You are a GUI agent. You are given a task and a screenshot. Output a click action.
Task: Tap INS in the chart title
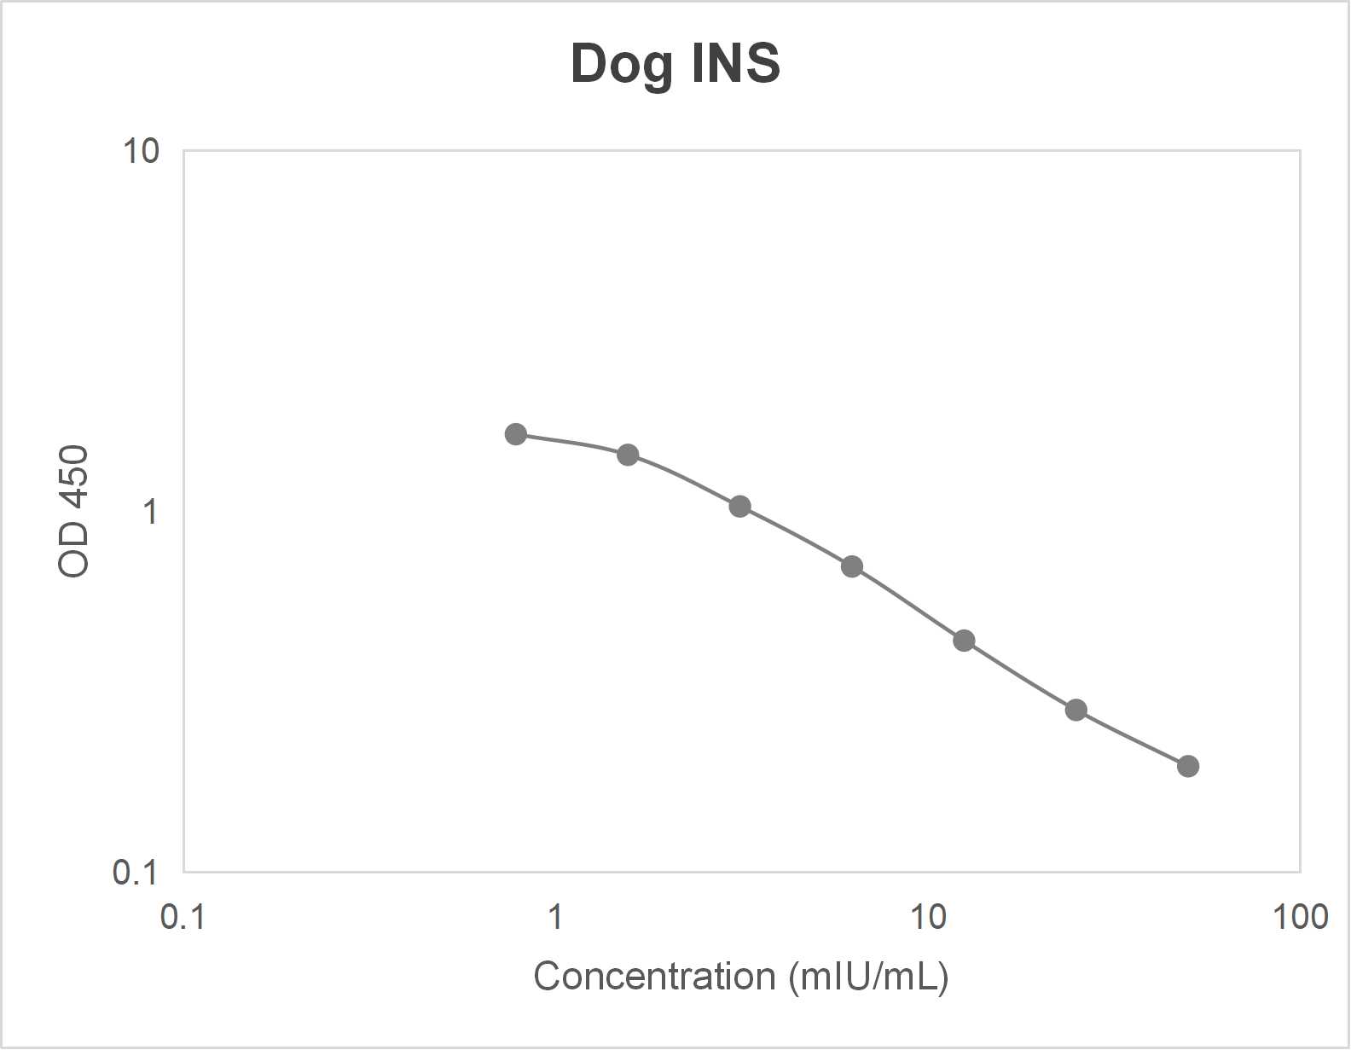(735, 65)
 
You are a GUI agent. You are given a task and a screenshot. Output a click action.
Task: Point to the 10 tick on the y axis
(142, 152)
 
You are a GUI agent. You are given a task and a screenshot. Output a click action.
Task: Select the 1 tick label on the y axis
(151, 512)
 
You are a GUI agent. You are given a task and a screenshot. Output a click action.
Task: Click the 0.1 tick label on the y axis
(136, 873)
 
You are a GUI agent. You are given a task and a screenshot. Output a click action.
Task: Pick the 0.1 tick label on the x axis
(183, 917)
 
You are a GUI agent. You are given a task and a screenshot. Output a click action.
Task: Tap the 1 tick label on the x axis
(555, 917)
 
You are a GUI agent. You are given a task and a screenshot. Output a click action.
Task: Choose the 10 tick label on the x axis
(927, 917)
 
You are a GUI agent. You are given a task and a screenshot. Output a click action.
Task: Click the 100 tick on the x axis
(1300, 917)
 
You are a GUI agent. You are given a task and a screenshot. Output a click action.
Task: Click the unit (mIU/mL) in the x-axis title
(869, 976)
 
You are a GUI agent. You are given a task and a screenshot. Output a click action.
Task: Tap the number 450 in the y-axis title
(74, 478)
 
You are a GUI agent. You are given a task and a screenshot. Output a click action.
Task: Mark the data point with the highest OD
(516, 434)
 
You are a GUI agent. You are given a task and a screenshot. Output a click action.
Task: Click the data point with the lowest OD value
(1188, 766)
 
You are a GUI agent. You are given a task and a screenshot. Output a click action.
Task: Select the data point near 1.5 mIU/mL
(628, 455)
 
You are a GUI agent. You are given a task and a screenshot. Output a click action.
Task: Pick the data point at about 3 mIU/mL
(740, 507)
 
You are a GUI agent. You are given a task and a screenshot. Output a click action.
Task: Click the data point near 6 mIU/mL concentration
(852, 566)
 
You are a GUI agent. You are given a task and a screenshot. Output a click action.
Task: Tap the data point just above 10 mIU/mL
(964, 641)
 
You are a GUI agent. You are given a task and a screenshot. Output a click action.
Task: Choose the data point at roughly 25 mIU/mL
(1076, 710)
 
